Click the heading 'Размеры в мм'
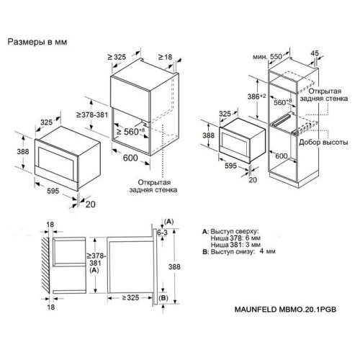coord(37,42)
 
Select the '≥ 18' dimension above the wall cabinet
coord(165,57)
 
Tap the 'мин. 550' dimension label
coord(267,57)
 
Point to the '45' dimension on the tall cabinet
coord(315,53)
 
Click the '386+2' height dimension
coord(256,96)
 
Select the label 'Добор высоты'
coord(323,142)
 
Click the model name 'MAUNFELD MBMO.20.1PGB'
coord(285,310)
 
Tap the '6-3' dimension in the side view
coord(163,233)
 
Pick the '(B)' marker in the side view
coord(163,298)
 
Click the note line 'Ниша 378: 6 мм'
coord(235,238)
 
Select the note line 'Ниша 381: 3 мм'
coord(235,245)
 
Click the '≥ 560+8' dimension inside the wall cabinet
coord(130,131)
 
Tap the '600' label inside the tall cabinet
coord(282,156)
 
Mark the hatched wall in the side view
coord(45,265)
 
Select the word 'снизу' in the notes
coord(243,252)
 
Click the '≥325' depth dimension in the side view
coord(130,297)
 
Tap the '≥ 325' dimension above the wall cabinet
coord(117,57)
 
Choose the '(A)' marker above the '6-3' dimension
coord(169,221)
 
